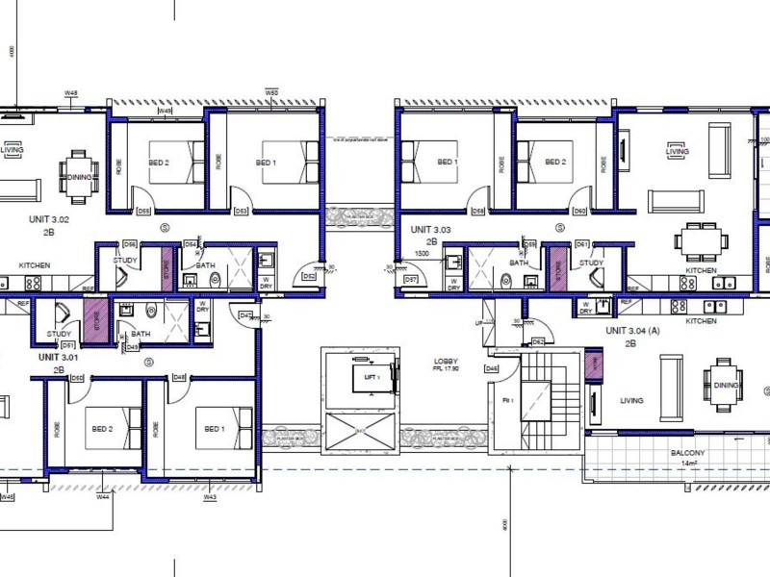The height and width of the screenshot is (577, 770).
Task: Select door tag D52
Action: tap(310, 277)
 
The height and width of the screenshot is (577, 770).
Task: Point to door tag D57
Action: tap(411, 279)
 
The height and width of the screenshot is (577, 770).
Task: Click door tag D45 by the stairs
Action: tap(492, 368)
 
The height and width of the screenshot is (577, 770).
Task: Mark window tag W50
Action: tap(271, 92)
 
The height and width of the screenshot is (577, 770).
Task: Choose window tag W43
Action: tap(209, 497)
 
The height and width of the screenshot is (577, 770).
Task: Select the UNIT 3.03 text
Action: tap(430, 231)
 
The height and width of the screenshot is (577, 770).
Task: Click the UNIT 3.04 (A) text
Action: tap(633, 330)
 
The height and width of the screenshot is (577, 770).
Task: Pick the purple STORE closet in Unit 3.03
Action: tap(555, 269)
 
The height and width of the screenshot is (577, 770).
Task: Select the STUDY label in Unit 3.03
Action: tap(591, 263)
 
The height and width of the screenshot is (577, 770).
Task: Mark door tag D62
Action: tap(538, 341)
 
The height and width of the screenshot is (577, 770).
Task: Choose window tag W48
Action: tap(70, 92)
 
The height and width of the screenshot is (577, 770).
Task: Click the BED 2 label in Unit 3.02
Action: tap(159, 163)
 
